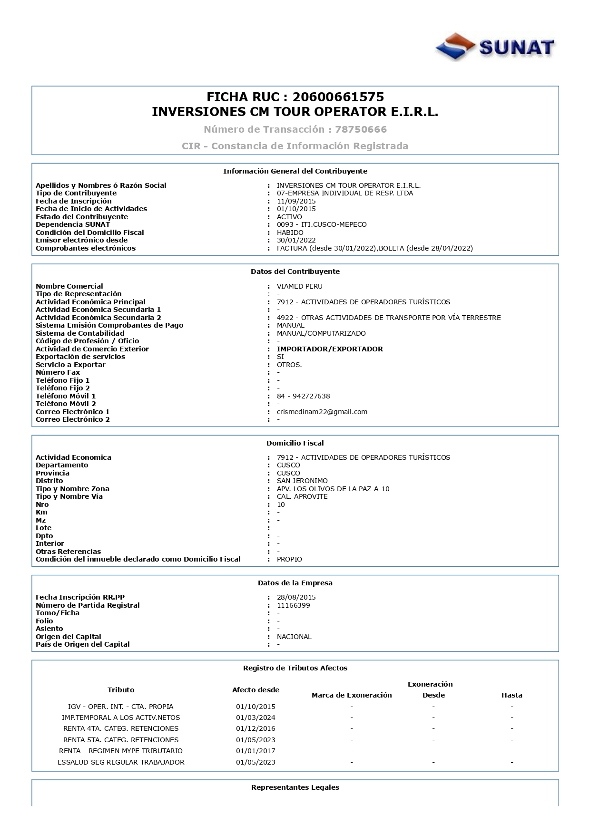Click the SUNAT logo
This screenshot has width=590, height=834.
pos(495,47)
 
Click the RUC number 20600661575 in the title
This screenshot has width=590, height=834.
pos(338,97)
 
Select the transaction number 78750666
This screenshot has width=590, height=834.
pos(361,129)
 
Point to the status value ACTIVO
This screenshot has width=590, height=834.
pos(289,217)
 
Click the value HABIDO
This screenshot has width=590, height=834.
pos(290,233)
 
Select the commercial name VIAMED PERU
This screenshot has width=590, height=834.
pos(299,286)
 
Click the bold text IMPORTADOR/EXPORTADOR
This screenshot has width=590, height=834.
pos(330,349)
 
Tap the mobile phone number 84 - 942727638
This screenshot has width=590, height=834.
pos(303,396)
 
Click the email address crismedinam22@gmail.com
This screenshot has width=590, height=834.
pos(322,412)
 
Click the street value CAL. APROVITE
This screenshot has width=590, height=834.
pos(302,496)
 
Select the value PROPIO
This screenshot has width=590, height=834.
pos(289,559)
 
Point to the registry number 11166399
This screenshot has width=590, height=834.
pos(293,605)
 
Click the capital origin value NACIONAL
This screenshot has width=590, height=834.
pos(294,637)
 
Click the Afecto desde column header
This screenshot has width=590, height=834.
pos(256,690)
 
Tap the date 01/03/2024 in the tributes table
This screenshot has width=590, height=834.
pos(256,718)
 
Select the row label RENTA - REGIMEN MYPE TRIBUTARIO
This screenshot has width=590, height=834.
pos(121,751)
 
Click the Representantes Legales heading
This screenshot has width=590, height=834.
pos(295,787)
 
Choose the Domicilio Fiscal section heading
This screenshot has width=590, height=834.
pos(295,443)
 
